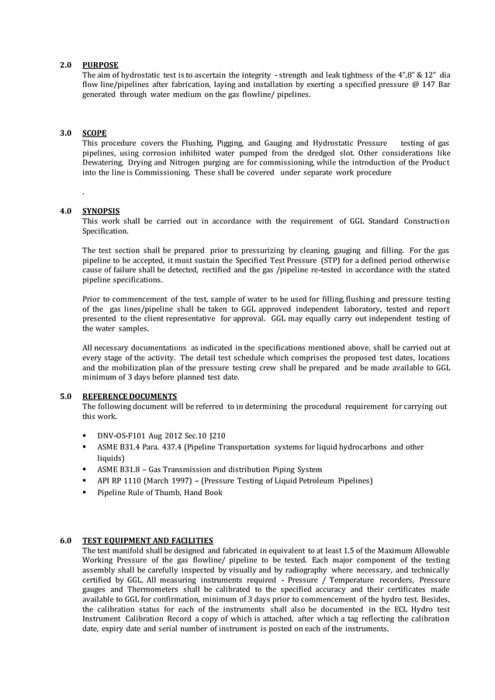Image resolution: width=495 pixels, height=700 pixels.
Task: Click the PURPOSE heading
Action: (100, 64)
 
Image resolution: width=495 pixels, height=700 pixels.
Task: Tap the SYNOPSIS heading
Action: (101, 211)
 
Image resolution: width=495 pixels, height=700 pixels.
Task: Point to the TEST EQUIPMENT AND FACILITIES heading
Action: (147, 540)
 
